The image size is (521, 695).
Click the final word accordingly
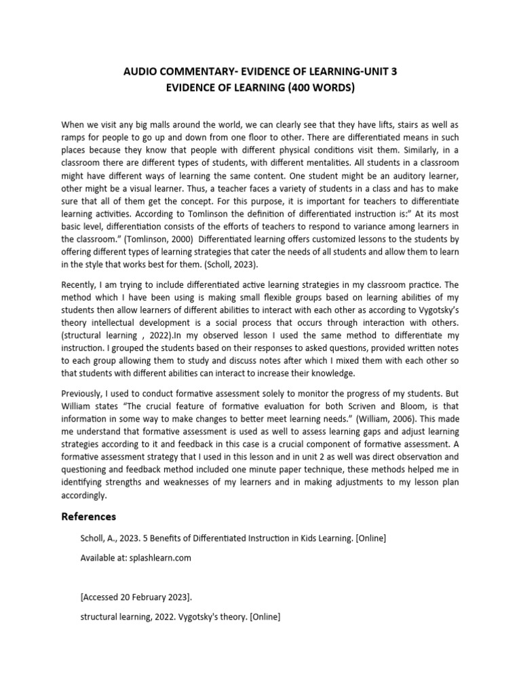[x=84, y=495]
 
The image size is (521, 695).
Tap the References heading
[x=89, y=516]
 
